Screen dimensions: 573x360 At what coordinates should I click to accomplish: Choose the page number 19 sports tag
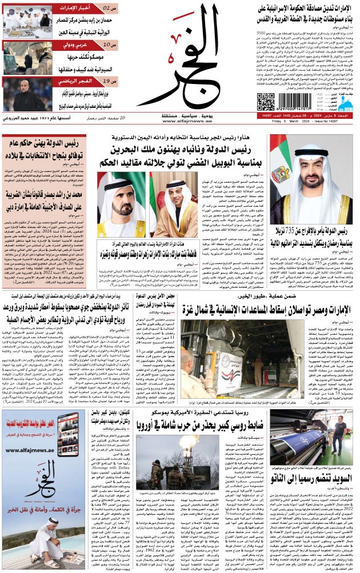111,81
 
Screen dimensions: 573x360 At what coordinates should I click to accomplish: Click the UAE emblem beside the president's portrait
280,174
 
